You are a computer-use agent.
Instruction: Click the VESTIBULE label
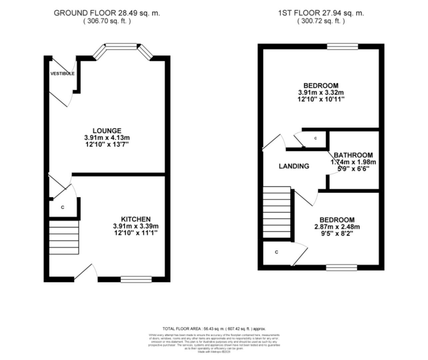(62, 73)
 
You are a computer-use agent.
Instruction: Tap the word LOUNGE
(107, 131)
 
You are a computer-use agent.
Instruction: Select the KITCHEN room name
(135, 219)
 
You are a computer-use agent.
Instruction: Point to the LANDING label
(294, 166)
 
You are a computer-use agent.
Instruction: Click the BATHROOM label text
(353, 155)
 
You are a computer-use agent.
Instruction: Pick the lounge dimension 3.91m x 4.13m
(107, 138)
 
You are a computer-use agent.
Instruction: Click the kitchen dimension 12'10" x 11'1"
(135, 233)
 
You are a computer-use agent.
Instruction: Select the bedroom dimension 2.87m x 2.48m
(337, 227)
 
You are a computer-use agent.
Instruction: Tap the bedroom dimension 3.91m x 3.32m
(321, 92)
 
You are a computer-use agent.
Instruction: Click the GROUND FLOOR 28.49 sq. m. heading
(107, 13)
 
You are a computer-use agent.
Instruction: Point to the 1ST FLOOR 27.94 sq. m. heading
(321, 13)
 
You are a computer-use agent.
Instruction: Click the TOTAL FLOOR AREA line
(214, 329)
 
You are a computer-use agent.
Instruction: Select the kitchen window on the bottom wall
(136, 279)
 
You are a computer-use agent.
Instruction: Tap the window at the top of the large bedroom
(342, 46)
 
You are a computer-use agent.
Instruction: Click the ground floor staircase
(64, 237)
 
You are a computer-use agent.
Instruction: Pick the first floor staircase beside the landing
(277, 212)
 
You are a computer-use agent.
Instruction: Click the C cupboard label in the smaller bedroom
(276, 252)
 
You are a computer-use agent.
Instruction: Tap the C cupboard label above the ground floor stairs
(62, 207)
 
